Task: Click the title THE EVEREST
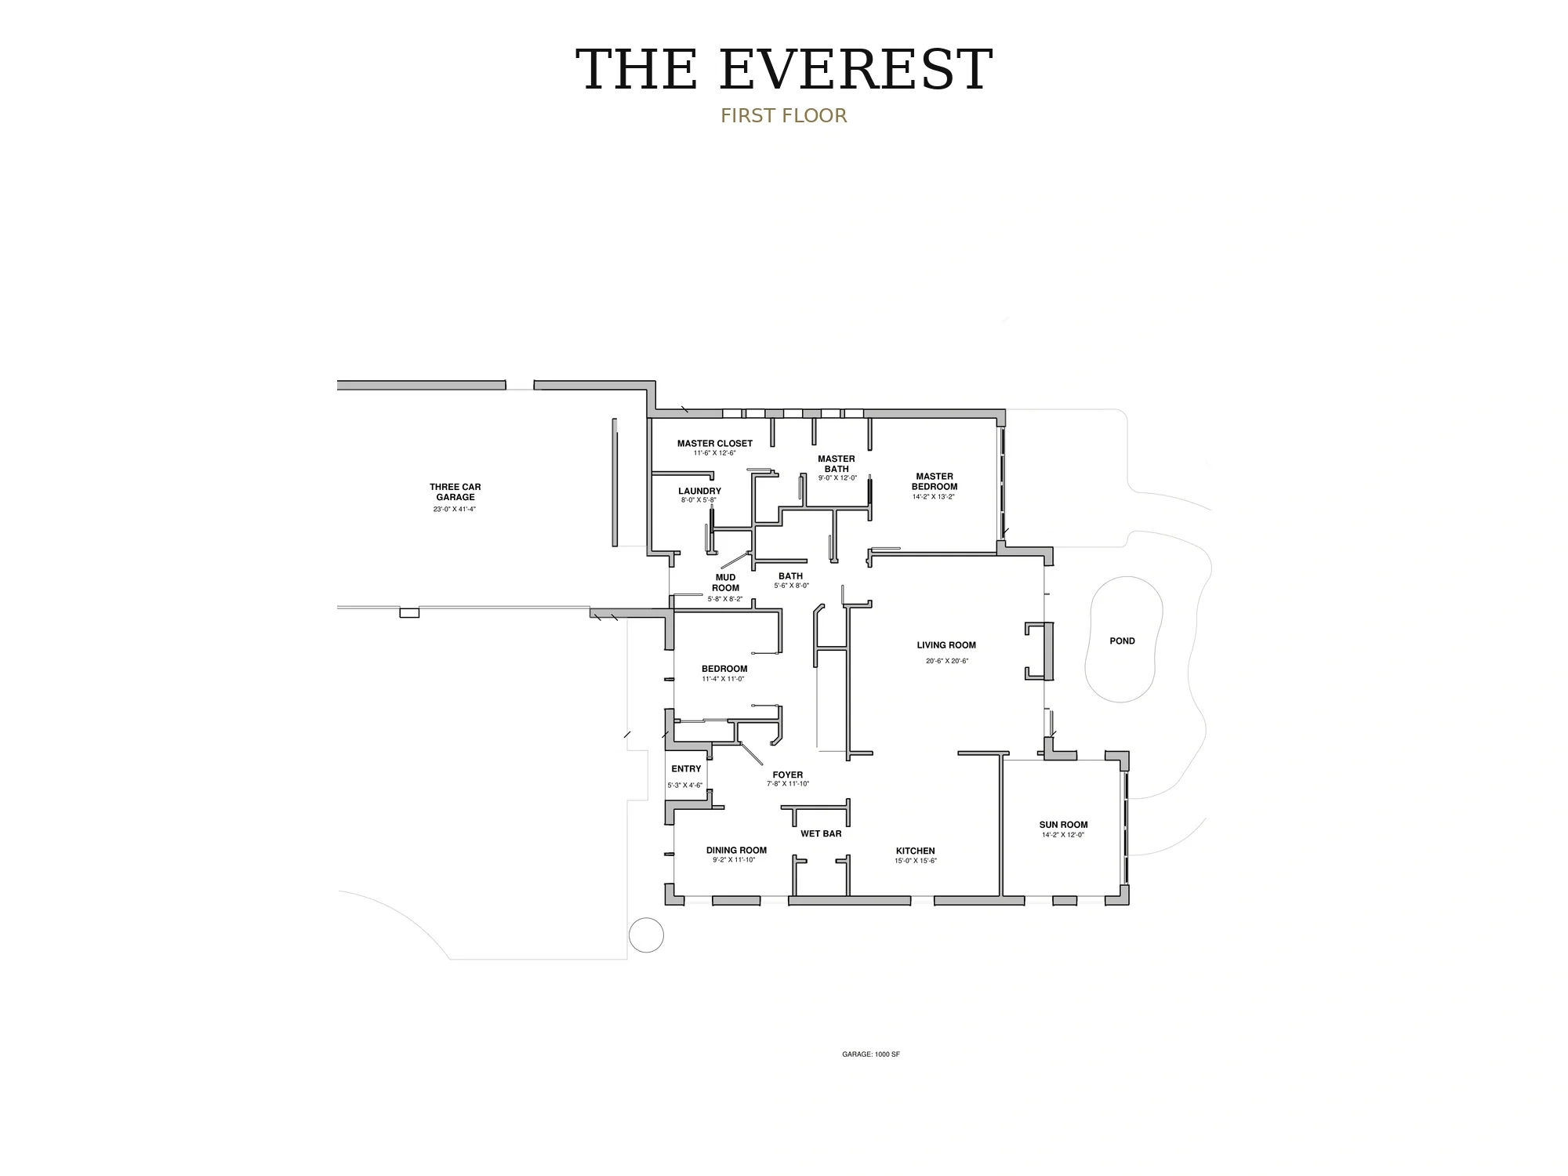784,70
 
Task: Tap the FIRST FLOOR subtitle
784,116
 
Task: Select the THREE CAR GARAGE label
456,492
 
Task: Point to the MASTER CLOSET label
715,444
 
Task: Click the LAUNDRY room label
699,492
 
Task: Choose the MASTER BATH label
837,464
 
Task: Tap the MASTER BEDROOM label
935,481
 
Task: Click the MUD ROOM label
725,583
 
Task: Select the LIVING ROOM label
946,645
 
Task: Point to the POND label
1122,641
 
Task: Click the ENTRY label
686,769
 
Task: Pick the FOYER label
788,775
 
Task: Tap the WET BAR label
821,833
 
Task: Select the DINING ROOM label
736,851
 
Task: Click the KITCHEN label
916,851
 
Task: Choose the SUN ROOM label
1063,825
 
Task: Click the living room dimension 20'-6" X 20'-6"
947,661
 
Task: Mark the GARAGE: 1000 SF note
871,1054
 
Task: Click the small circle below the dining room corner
647,935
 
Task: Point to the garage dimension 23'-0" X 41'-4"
455,510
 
